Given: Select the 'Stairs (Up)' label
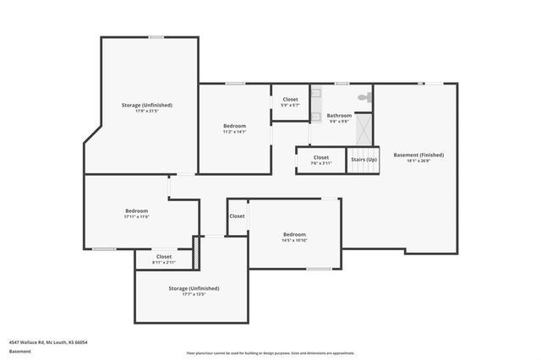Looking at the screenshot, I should pyautogui.click(x=363, y=160).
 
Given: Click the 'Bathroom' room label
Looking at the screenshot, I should pyautogui.click(x=339, y=115).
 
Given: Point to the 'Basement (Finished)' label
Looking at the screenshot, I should pyautogui.click(x=418, y=155).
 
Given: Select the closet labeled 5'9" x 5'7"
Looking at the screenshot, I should pyautogui.click(x=290, y=102).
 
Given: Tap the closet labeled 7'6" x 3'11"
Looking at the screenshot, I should pyautogui.click(x=321, y=160).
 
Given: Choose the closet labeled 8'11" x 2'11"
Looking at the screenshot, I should pyautogui.click(x=164, y=259).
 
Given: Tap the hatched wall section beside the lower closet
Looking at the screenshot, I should pyautogui.click(x=197, y=253).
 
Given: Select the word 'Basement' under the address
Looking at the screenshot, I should pyautogui.click(x=19, y=351).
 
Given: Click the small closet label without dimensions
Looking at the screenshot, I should pyautogui.click(x=237, y=215).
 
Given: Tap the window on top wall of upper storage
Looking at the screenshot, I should pyautogui.click(x=156, y=37).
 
